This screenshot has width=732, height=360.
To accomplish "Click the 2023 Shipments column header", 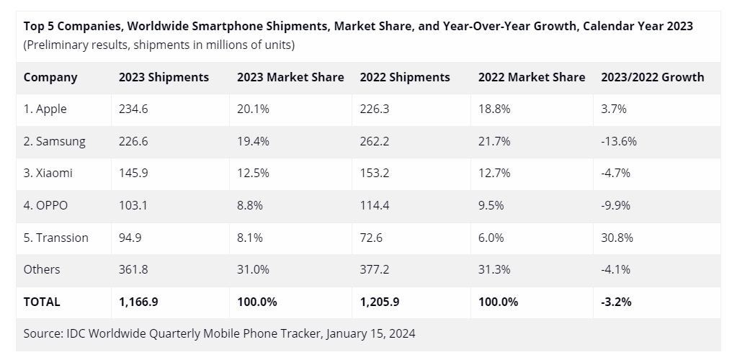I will pos(164,77).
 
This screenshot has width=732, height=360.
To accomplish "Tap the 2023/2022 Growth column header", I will pos(652,77).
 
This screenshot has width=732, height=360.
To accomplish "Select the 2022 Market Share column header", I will pos(531,77).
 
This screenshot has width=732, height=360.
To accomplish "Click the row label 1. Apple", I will pos(45,109).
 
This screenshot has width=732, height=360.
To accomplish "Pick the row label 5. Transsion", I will pos(56,238).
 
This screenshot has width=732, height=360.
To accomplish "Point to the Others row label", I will pos(42,269).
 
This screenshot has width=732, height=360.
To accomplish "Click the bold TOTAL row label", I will pos(42,302).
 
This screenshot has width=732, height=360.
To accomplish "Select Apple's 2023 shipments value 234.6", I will pos(133,109).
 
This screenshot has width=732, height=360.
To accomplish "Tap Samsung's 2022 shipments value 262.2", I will pos(375,141).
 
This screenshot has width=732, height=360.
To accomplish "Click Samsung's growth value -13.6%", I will pos(619,141).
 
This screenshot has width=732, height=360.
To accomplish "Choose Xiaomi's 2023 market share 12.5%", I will pos(253,173).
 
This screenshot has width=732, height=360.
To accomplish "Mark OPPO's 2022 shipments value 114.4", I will pos(375,205).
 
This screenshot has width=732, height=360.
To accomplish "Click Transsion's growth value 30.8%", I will pos(616,238).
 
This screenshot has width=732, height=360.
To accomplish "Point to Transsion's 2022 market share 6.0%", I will pos(492,238).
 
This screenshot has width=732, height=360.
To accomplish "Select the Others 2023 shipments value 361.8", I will pos(133,269).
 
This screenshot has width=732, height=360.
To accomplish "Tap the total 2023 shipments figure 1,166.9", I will pos(139,302).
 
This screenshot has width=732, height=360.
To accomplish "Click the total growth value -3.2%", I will pos(616,302).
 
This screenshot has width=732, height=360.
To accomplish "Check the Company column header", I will pos(50,77).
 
